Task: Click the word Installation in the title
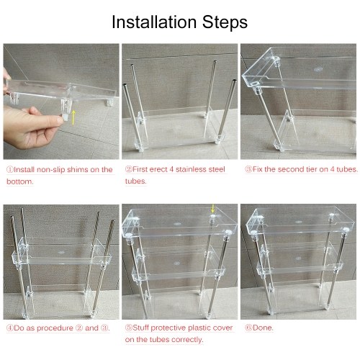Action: [154, 22]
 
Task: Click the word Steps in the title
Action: [225, 23]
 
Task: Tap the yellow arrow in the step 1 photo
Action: [73, 117]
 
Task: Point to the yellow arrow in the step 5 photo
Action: [212, 209]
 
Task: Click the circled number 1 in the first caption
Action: [10, 169]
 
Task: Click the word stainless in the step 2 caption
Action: [191, 169]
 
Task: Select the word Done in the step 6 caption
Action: [263, 328]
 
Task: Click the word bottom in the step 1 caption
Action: [19, 181]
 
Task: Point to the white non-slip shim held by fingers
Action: [65, 117]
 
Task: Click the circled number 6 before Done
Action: [248, 328]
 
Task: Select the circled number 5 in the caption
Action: [129, 328]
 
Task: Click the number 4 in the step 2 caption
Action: [171, 169]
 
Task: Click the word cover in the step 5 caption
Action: [222, 328]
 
